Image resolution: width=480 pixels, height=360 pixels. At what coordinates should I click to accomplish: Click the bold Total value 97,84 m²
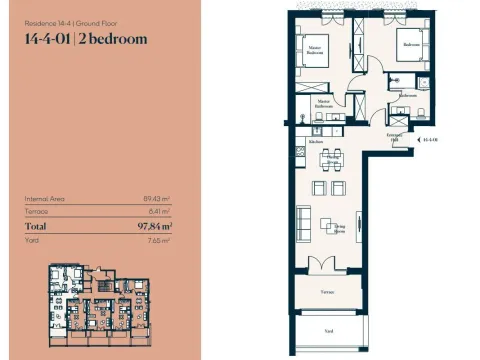tap(153, 227)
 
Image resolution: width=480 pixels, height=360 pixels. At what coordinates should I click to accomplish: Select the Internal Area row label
tap(45, 199)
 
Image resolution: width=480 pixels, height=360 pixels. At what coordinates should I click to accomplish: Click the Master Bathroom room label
tap(324, 103)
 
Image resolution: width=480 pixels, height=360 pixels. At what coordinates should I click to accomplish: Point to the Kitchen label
tap(316, 142)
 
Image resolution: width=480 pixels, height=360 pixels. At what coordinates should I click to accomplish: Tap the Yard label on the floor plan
tap(327, 329)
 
